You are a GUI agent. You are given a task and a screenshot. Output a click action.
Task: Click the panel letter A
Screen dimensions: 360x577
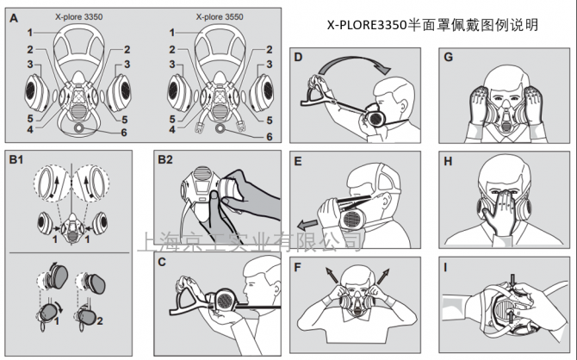(13, 17)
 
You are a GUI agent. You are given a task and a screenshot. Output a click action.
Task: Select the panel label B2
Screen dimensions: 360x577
(165, 159)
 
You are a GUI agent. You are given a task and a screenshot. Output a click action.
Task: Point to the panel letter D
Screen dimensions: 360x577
(298, 59)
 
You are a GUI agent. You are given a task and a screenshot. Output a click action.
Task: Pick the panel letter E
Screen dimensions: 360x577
(298, 160)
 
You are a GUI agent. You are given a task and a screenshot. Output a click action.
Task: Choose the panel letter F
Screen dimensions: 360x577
(298, 264)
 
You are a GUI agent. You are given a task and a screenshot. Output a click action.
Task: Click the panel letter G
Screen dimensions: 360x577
(446, 59)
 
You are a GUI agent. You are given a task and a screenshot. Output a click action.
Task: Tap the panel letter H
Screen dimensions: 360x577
(446, 160)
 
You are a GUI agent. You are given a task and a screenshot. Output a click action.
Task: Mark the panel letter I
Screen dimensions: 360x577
(446, 264)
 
